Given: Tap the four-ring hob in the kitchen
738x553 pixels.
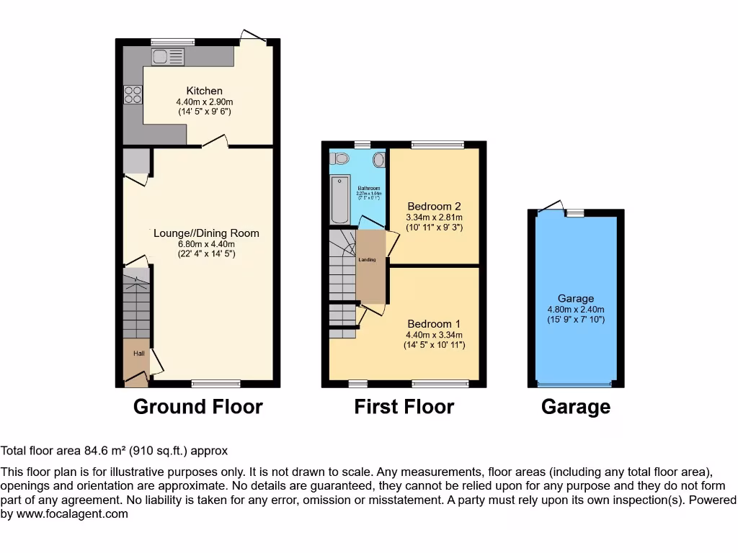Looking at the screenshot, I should [133, 94].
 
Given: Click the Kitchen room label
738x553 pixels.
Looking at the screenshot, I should [205, 91].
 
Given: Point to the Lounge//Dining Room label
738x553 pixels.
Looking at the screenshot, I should [206, 233].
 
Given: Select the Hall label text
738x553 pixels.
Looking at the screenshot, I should [138, 354].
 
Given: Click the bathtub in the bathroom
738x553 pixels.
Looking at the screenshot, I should [339, 198].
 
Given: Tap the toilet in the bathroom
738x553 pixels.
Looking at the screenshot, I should [339, 158].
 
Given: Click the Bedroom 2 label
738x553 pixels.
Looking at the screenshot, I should [434, 206].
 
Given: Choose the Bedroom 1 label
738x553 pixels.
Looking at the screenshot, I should [434, 324].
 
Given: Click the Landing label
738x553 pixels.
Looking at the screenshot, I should [367, 259].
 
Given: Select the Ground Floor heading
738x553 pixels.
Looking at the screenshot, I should [198, 407].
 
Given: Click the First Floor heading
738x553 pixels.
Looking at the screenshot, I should [404, 407].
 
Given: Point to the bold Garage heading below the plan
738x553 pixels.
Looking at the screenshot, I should [576, 408].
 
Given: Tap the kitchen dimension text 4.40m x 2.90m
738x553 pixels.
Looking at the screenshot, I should [205, 102].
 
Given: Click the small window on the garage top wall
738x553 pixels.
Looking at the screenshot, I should [574, 213].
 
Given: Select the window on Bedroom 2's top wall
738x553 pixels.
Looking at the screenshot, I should [437, 145].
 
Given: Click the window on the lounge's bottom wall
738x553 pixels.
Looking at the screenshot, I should [216, 384].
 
